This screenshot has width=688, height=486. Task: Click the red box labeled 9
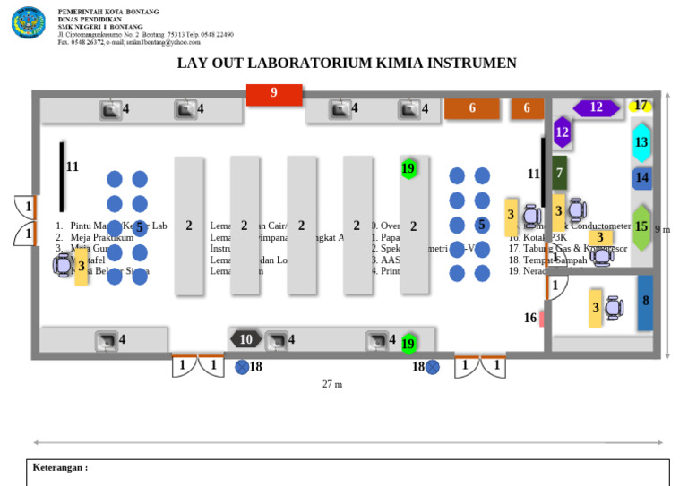tap(274, 94)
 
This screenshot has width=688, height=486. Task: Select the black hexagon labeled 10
tap(246, 339)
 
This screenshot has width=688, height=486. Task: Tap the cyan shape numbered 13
tap(641, 141)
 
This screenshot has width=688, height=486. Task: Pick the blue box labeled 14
tap(641, 178)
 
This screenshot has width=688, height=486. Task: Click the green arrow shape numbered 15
tap(641, 227)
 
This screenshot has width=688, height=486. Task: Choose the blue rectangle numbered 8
tap(645, 303)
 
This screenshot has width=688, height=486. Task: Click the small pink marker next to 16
tap(542, 318)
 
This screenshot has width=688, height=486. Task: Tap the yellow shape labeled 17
tap(640, 106)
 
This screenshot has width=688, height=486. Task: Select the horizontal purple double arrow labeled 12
tap(596, 108)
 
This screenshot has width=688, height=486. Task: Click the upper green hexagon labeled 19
tap(408, 168)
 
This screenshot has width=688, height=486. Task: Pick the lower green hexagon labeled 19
tap(408, 343)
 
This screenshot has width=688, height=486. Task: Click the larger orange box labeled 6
tap(472, 108)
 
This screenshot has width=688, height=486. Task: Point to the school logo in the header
tap(28, 22)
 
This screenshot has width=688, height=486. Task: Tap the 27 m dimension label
tap(332, 384)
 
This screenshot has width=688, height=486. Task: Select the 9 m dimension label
tap(662, 230)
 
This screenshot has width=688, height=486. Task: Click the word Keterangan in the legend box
tap(60, 468)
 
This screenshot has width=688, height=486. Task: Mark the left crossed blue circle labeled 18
tap(242, 366)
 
